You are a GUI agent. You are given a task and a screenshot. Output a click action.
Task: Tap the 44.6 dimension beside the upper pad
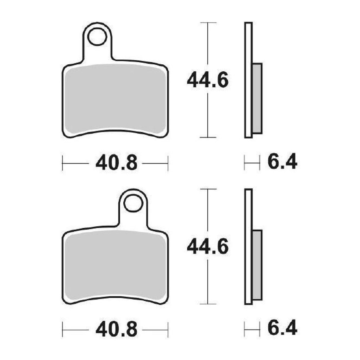click(208, 80)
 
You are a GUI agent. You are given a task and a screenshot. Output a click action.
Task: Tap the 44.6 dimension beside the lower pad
click(208, 247)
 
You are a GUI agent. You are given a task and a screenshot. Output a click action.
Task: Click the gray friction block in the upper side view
click(257, 98)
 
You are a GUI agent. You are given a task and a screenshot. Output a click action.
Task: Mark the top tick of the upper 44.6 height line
click(208, 23)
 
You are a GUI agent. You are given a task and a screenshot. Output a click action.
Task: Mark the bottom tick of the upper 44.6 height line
click(208, 137)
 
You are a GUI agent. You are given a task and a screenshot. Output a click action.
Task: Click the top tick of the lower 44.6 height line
click(208, 189)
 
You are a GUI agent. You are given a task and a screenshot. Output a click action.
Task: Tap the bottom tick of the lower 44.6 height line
click(208, 304)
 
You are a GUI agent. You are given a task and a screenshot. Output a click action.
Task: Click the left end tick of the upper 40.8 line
click(63, 163)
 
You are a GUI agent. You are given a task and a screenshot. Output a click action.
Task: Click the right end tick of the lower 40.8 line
click(168, 329)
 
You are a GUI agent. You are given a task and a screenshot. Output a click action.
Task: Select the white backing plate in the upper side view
click(248, 80)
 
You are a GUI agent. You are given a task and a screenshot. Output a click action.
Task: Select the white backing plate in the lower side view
click(248, 246)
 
